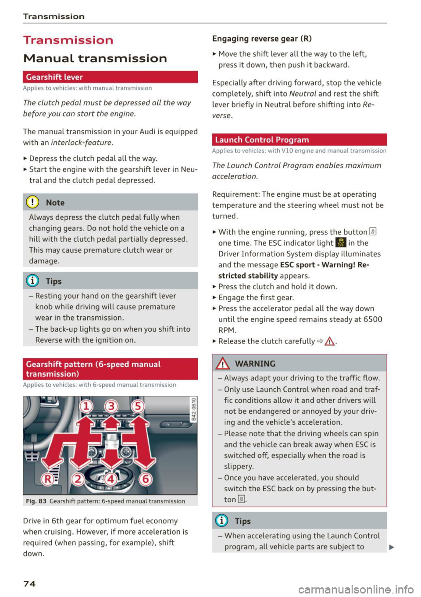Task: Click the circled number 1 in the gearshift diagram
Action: (x=86, y=406)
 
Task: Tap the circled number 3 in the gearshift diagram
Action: (x=111, y=406)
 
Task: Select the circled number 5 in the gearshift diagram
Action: (x=138, y=406)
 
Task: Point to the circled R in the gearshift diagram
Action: (x=47, y=479)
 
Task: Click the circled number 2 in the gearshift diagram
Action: (x=78, y=479)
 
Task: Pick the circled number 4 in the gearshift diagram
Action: (x=111, y=479)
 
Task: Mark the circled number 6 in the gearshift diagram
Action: (x=145, y=479)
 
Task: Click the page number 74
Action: (x=29, y=583)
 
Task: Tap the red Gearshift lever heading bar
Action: (x=110, y=77)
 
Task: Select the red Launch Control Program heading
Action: (x=299, y=140)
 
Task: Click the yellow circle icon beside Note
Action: (x=32, y=202)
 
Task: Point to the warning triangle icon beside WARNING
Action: (x=223, y=364)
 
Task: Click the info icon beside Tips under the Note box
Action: (x=32, y=281)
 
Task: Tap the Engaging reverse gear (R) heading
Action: (x=262, y=39)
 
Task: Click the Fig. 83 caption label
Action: (x=36, y=501)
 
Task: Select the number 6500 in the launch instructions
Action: (x=373, y=319)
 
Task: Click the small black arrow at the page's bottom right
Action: (x=391, y=547)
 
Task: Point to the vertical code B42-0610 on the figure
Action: (x=193, y=409)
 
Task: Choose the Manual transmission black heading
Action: (x=95, y=58)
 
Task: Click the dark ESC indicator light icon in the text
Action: (x=341, y=243)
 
